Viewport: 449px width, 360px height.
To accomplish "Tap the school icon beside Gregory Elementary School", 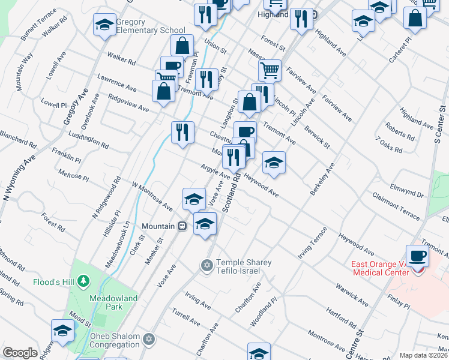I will click(x=104, y=25).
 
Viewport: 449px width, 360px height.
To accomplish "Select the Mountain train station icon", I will click(x=181, y=226).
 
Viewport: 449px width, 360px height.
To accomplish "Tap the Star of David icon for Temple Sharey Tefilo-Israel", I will click(x=207, y=265).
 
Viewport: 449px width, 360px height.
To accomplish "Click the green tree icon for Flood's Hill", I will click(x=83, y=281).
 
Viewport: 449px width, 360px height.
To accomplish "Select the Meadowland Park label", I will click(x=114, y=302).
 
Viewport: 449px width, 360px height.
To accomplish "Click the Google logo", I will click(x=20, y=353).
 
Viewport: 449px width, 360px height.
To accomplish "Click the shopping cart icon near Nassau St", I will click(x=270, y=70).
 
